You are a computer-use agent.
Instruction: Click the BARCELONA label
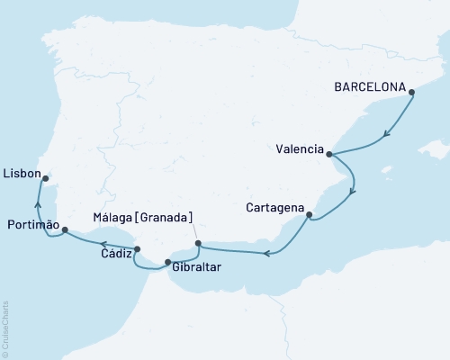click(x=369, y=89)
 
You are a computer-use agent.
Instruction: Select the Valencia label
click(x=300, y=149)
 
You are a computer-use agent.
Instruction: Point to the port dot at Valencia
click(x=329, y=154)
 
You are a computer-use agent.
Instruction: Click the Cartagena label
click(x=274, y=208)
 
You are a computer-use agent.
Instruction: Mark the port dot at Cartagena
click(x=310, y=215)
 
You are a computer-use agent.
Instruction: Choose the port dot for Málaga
click(x=198, y=242)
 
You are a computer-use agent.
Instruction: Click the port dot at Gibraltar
click(x=167, y=263)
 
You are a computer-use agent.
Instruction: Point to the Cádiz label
click(x=107, y=255)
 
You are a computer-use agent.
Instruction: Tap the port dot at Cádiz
click(x=137, y=249)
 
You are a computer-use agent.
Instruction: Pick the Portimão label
click(x=33, y=224)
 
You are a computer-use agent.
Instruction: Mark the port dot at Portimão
click(x=65, y=231)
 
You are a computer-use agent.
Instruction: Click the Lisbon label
click(x=22, y=171)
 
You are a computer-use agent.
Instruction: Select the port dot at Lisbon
click(x=45, y=178)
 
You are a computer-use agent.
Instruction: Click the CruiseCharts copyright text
click(x=5, y=328)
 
